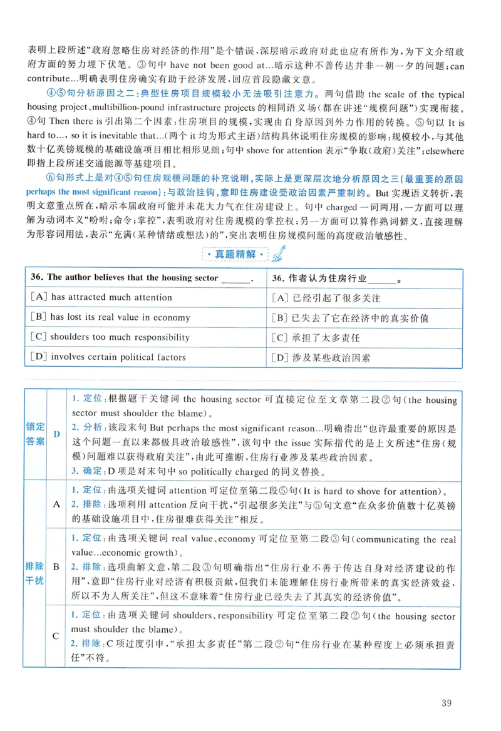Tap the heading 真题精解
[x=236, y=255]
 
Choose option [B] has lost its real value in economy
[x=110, y=317]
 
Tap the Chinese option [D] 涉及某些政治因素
[x=321, y=358]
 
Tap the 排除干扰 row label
[x=35, y=573]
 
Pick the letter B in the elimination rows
[x=56, y=567]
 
